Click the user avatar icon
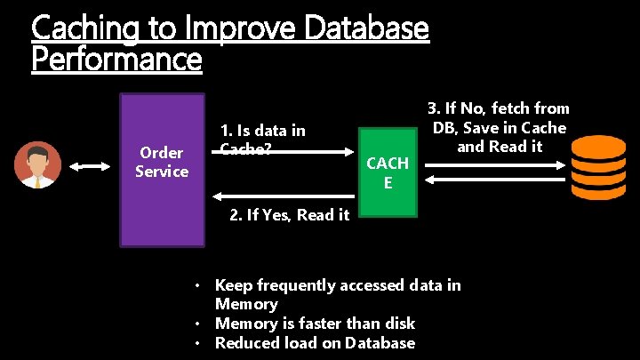38,166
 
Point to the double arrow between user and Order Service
90,166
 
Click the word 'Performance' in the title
116,60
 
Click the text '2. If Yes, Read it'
289,214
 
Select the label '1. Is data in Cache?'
262,139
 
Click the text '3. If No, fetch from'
499,108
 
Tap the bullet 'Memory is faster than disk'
315,324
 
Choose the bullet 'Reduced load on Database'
315,343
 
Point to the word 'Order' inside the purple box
161,153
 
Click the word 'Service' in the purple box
161,171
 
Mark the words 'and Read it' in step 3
499,147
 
